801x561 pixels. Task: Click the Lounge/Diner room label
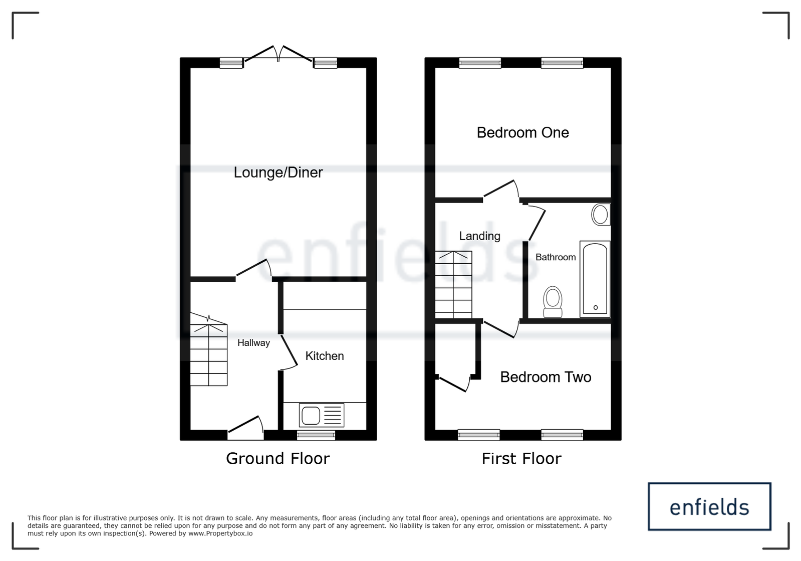(278, 173)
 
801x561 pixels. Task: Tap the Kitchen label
(325, 356)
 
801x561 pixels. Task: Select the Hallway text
(253, 343)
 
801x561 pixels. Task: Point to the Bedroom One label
(523, 133)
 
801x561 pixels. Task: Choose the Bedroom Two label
(546, 377)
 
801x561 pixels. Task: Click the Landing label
(479, 236)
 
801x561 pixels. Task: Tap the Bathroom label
(556, 257)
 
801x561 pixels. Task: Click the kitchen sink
(322, 415)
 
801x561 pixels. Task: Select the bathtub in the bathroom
(595, 279)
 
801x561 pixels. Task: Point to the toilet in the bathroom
(553, 302)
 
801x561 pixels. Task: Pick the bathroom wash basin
(601, 215)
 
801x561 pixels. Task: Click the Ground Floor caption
(278, 459)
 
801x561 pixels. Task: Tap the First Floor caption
(521, 459)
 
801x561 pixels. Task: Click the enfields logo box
(709, 506)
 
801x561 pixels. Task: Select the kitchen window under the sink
(316, 435)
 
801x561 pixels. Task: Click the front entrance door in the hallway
(245, 428)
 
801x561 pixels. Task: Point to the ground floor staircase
(208, 349)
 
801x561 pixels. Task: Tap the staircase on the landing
(453, 285)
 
